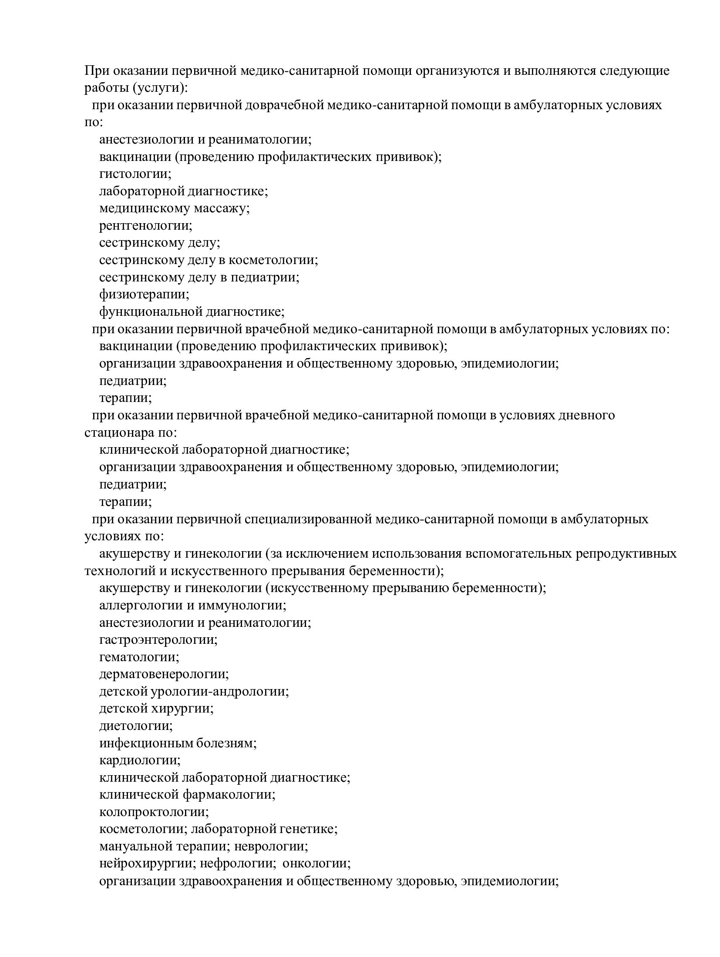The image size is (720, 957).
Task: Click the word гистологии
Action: (135, 174)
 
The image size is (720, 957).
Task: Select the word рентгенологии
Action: (145, 226)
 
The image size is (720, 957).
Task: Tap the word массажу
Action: (221, 208)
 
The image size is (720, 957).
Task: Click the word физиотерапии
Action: (144, 294)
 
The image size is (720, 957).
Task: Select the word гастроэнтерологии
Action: (158, 640)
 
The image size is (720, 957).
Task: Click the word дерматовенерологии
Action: (164, 674)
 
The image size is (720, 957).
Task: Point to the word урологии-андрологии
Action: (219, 691)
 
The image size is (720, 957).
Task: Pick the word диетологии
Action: (136, 726)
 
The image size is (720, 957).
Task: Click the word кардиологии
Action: (139, 760)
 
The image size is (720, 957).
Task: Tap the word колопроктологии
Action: (154, 812)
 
